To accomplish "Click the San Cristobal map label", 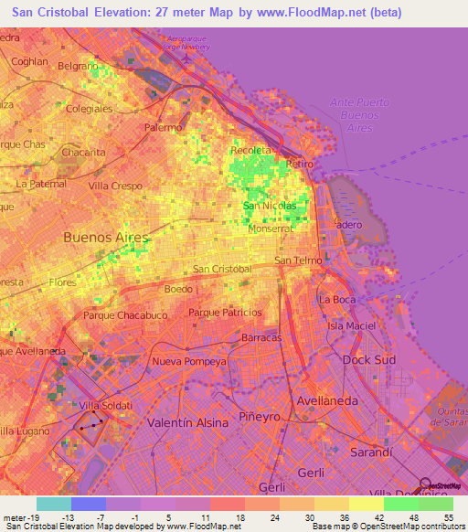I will coord(222,269).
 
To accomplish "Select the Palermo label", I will coord(163,128).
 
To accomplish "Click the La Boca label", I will coord(336,299).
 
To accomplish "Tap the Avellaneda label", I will coord(326,400).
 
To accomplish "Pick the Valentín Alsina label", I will coord(189,422).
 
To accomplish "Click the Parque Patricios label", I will coord(225,313).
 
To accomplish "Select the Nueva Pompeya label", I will coord(188,360).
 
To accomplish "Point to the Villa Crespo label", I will coord(115,186).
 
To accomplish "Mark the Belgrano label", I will coord(78,66).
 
